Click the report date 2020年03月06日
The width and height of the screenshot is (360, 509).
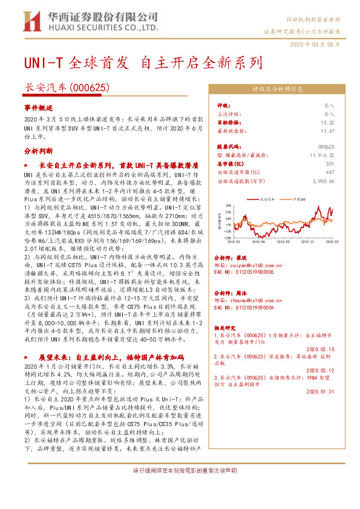(315, 45)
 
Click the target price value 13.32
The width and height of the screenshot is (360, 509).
(328, 122)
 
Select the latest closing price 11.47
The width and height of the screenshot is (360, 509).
(328, 130)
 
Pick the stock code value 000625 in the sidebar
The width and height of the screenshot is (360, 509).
(326, 147)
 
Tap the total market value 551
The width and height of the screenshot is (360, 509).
(330, 164)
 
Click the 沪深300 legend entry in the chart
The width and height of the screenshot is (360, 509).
(298, 197)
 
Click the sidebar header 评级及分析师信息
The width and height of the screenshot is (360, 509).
(277, 89)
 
